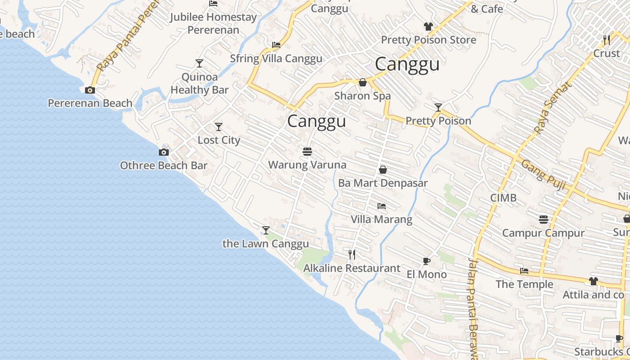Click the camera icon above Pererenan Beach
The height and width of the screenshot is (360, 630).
tap(90, 90)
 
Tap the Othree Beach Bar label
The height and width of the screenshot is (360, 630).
tap(163, 166)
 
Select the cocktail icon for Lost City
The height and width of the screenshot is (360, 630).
tap(219, 127)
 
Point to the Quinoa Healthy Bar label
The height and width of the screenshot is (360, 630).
tap(199, 84)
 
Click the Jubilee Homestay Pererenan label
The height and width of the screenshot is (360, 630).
tap(213, 24)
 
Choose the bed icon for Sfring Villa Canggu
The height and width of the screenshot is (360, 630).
tap(276, 45)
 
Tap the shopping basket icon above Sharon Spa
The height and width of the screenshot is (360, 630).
tap(362, 82)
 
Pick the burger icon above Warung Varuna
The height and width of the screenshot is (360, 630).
tap(307, 152)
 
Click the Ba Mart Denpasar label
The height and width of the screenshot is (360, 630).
tap(382, 183)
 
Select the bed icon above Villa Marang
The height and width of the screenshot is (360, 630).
tap(382, 206)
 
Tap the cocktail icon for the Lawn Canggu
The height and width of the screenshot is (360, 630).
tap(266, 230)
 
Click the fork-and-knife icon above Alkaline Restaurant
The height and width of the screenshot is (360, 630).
tap(352, 255)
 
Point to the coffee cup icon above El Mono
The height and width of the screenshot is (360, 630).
tap(427, 261)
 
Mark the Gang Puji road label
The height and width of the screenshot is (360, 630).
tap(543, 175)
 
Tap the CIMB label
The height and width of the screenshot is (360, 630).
tap(503, 198)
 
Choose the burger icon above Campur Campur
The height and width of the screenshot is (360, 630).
tap(544, 220)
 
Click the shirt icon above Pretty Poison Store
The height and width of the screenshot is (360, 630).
tap(428, 27)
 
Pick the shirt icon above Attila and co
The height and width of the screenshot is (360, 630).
tap(594, 281)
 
